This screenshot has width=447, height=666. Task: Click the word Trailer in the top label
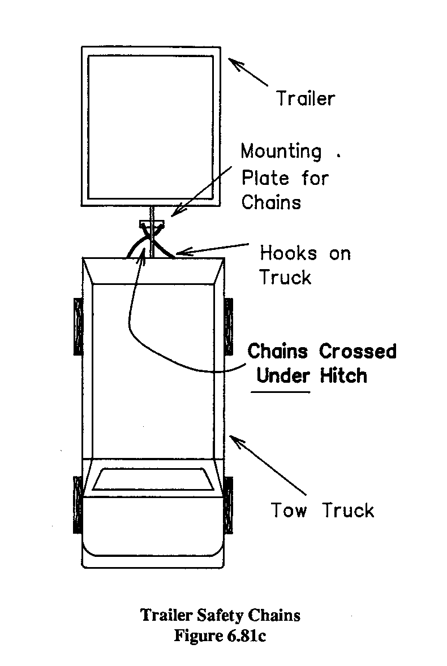(305, 98)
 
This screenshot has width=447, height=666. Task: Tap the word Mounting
(281, 152)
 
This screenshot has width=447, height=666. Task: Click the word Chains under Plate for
(271, 202)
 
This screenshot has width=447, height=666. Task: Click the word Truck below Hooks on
(286, 278)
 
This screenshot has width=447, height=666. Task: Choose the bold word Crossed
(358, 351)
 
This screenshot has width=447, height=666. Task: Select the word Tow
(289, 511)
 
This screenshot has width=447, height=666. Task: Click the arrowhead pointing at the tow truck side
(235, 440)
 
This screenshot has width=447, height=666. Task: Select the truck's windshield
(150, 479)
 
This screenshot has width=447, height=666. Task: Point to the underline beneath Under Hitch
(281, 392)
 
